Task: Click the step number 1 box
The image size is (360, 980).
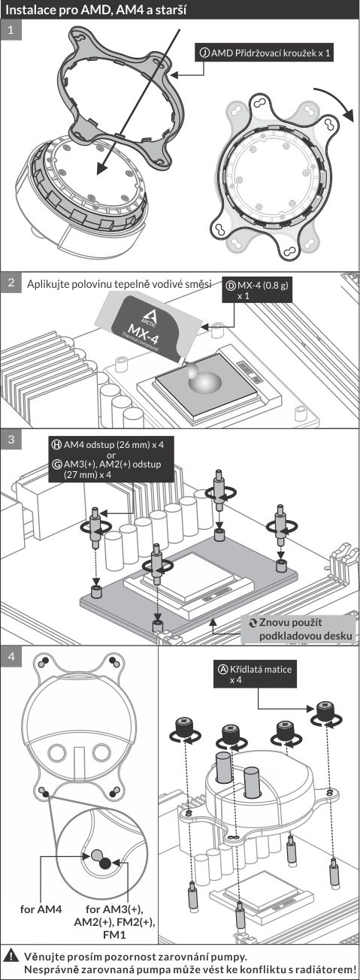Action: (x=11, y=30)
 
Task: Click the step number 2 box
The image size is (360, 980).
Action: (x=11, y=282)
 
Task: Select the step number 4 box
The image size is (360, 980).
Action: (x=11, y=657)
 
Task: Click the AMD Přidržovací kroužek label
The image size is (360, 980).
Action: (x=265, y=53)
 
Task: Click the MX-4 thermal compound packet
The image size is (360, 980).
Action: (x=149, y=328)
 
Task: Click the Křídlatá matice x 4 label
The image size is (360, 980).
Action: (x=255, y=674)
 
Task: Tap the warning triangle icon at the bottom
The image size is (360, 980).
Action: (x=13, y=954)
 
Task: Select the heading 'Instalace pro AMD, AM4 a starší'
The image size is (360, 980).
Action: (x=95, y=10)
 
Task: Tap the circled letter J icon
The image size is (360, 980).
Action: (x=204, y=53)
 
